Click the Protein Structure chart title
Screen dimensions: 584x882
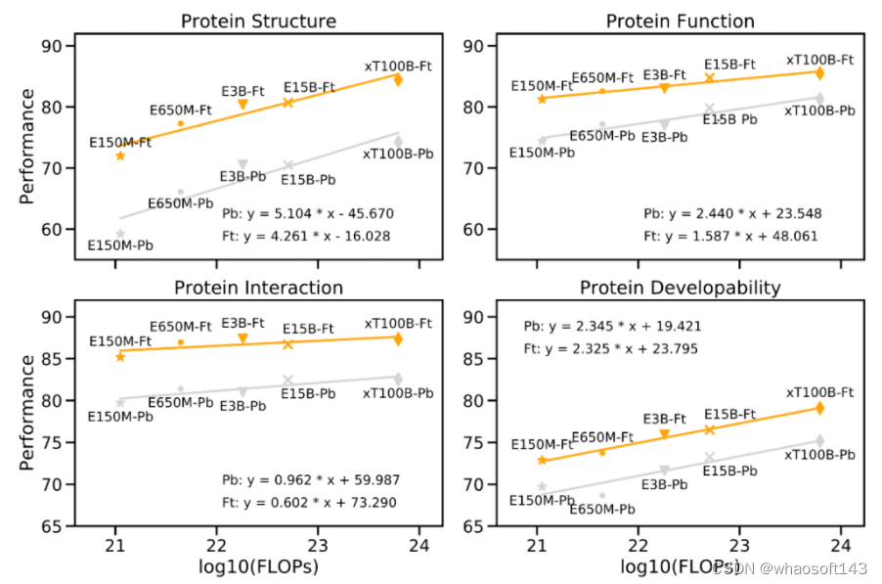click(259, 22)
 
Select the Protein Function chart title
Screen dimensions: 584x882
click(680, 22)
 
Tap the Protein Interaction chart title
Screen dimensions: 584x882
click(259, 288)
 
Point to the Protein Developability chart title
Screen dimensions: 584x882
click(680, 288)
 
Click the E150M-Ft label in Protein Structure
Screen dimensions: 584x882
click(120, 143)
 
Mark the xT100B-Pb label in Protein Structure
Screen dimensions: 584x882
click(398, 155)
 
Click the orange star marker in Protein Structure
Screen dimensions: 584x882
click(120, 156)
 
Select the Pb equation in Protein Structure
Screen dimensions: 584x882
click(307, 212)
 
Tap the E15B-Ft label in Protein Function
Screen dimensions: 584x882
click(730, 65)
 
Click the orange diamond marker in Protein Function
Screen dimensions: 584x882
click(819, 72)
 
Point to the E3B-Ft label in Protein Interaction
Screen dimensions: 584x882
click(243, 323)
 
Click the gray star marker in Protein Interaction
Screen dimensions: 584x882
click(120, 402)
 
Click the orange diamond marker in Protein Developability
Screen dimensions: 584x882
click(819, 408)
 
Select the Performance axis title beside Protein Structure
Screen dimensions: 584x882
click(28, 147)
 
